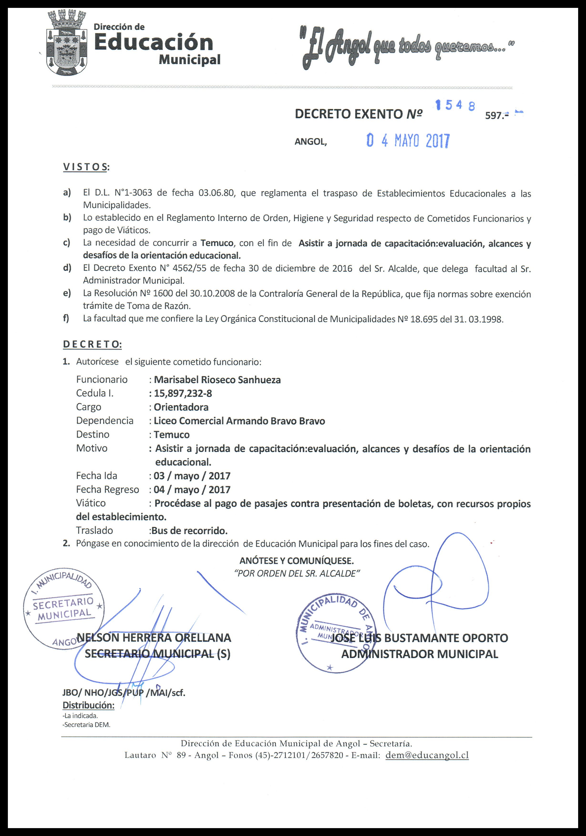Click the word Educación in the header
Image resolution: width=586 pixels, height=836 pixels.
click(154, 43)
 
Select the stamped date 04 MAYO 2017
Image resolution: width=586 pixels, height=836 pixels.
click(408, 141)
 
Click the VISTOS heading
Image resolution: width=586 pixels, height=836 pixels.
click(86, 167)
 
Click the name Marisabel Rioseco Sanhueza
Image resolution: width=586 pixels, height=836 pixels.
click(217, 380)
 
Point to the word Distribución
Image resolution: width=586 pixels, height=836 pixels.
click(88, 705)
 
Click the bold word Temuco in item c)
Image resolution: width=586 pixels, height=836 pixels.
click(217, 243)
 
